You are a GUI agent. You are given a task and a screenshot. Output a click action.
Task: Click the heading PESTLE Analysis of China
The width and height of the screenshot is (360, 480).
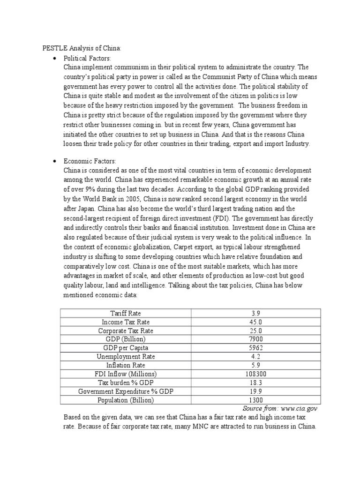click(x=82, y=47)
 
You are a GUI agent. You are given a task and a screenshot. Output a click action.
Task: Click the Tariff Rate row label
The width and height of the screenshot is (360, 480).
click(x=125, y=313)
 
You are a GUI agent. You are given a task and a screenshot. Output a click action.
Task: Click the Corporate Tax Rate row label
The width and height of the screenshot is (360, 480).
click(x=125, y=330)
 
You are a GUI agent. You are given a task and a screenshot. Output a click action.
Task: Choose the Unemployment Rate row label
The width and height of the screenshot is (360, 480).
click(x=125, y=357)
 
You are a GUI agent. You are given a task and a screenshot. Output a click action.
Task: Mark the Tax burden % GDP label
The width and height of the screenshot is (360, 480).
click(x=125, y=382)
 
